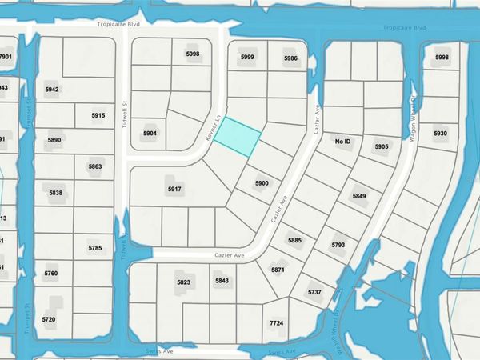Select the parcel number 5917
tap(174, 189)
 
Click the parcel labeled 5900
tap(261, 183)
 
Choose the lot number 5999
tap(247, 58)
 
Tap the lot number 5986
tap(290, 58)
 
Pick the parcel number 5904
tap(150, 133)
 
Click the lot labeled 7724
tap(277, 322)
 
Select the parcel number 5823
tap(184, 282)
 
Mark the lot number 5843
tap(222, 280)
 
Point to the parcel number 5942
tap(52, 90)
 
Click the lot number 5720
tap(49, 319)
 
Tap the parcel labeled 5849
tap(359, 196)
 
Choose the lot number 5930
tap(440, 134)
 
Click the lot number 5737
tap(314, 294)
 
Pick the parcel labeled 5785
tap(95, 249)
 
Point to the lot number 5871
tap(278, 270)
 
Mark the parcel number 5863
tap(95, 166)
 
